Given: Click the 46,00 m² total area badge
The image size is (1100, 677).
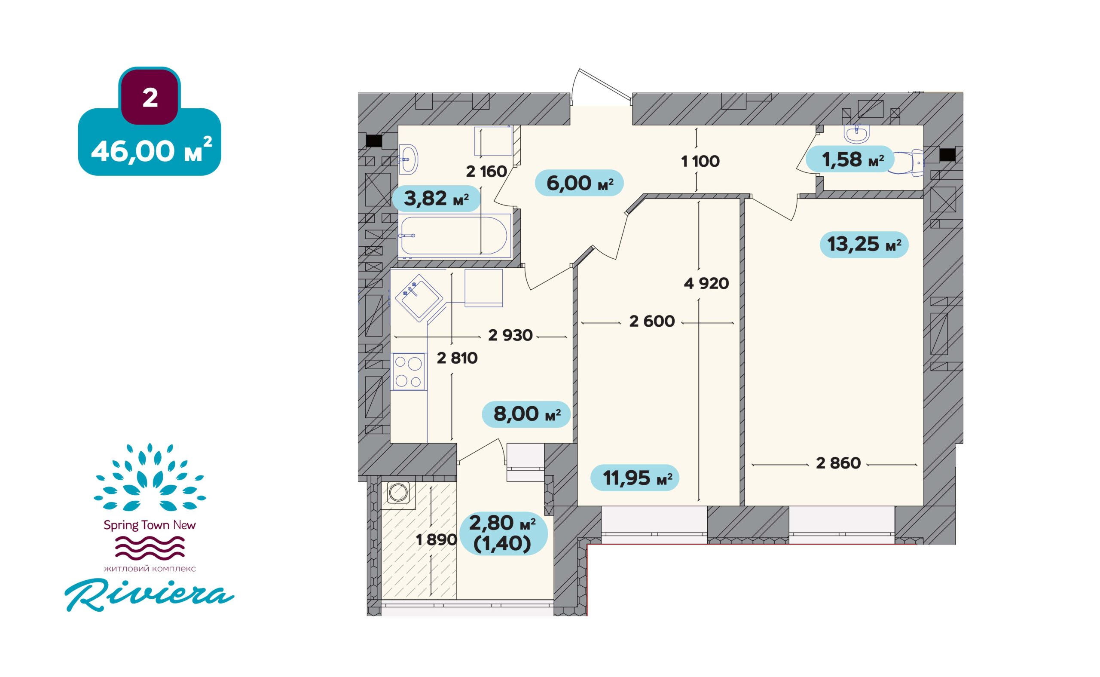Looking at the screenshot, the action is (150, 142).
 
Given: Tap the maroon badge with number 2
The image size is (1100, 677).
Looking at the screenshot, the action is (150, 98).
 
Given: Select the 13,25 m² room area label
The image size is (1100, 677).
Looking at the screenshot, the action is (864, 245).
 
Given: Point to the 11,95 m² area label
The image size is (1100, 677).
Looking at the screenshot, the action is (635, 478).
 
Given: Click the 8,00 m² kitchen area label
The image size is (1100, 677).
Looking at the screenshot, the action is (526, 414).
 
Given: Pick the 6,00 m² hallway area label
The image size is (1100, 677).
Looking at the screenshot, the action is (579, 183).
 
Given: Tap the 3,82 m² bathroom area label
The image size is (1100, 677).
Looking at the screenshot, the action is (436, 198).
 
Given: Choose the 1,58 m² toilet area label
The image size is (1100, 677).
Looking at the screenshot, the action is (850, 159).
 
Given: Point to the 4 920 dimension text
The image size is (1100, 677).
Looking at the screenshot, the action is (706, 283).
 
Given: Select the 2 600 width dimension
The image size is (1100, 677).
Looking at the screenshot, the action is (651, 321).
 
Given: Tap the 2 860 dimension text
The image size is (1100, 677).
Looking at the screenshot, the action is (838, 463).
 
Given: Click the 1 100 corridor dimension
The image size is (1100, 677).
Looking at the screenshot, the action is (700, 161).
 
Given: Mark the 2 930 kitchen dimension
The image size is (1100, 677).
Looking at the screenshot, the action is (510, 335).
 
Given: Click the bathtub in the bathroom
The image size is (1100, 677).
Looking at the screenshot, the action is (454, 236).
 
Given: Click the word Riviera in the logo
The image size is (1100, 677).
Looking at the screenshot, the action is (150, 595).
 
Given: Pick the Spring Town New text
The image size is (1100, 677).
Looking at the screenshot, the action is (150, 525).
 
